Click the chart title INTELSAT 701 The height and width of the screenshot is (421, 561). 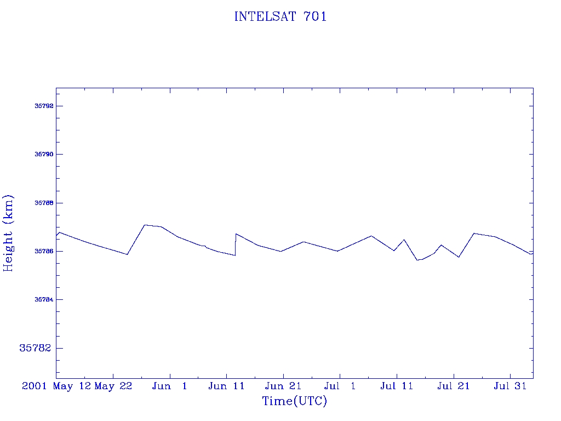[280, 16]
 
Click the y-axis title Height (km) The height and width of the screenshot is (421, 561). [8, 234]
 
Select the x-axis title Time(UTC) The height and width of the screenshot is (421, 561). [294, 401]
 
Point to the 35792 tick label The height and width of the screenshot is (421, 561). [44, 106]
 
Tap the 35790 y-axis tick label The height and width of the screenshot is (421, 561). [44, 154]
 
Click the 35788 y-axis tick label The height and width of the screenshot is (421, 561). [44, 203]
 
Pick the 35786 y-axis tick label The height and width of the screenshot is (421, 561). [44, 251]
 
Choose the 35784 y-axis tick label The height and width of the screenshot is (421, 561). [44, 299]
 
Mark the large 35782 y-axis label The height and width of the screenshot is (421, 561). [35, 348]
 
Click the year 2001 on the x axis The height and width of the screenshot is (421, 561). [35, 386]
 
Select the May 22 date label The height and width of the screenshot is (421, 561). [113, 386]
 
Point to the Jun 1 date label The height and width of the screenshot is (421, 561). [170, 386]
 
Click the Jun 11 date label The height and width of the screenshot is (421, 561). [226, 386]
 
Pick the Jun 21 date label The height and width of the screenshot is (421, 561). [283, 386]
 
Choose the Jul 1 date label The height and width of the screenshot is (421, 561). [340, 386]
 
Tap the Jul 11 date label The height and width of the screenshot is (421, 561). [397, 386]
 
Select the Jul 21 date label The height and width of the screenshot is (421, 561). [453, 386]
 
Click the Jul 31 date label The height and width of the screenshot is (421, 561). [510, 386]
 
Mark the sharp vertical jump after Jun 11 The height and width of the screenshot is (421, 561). [236, 244]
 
